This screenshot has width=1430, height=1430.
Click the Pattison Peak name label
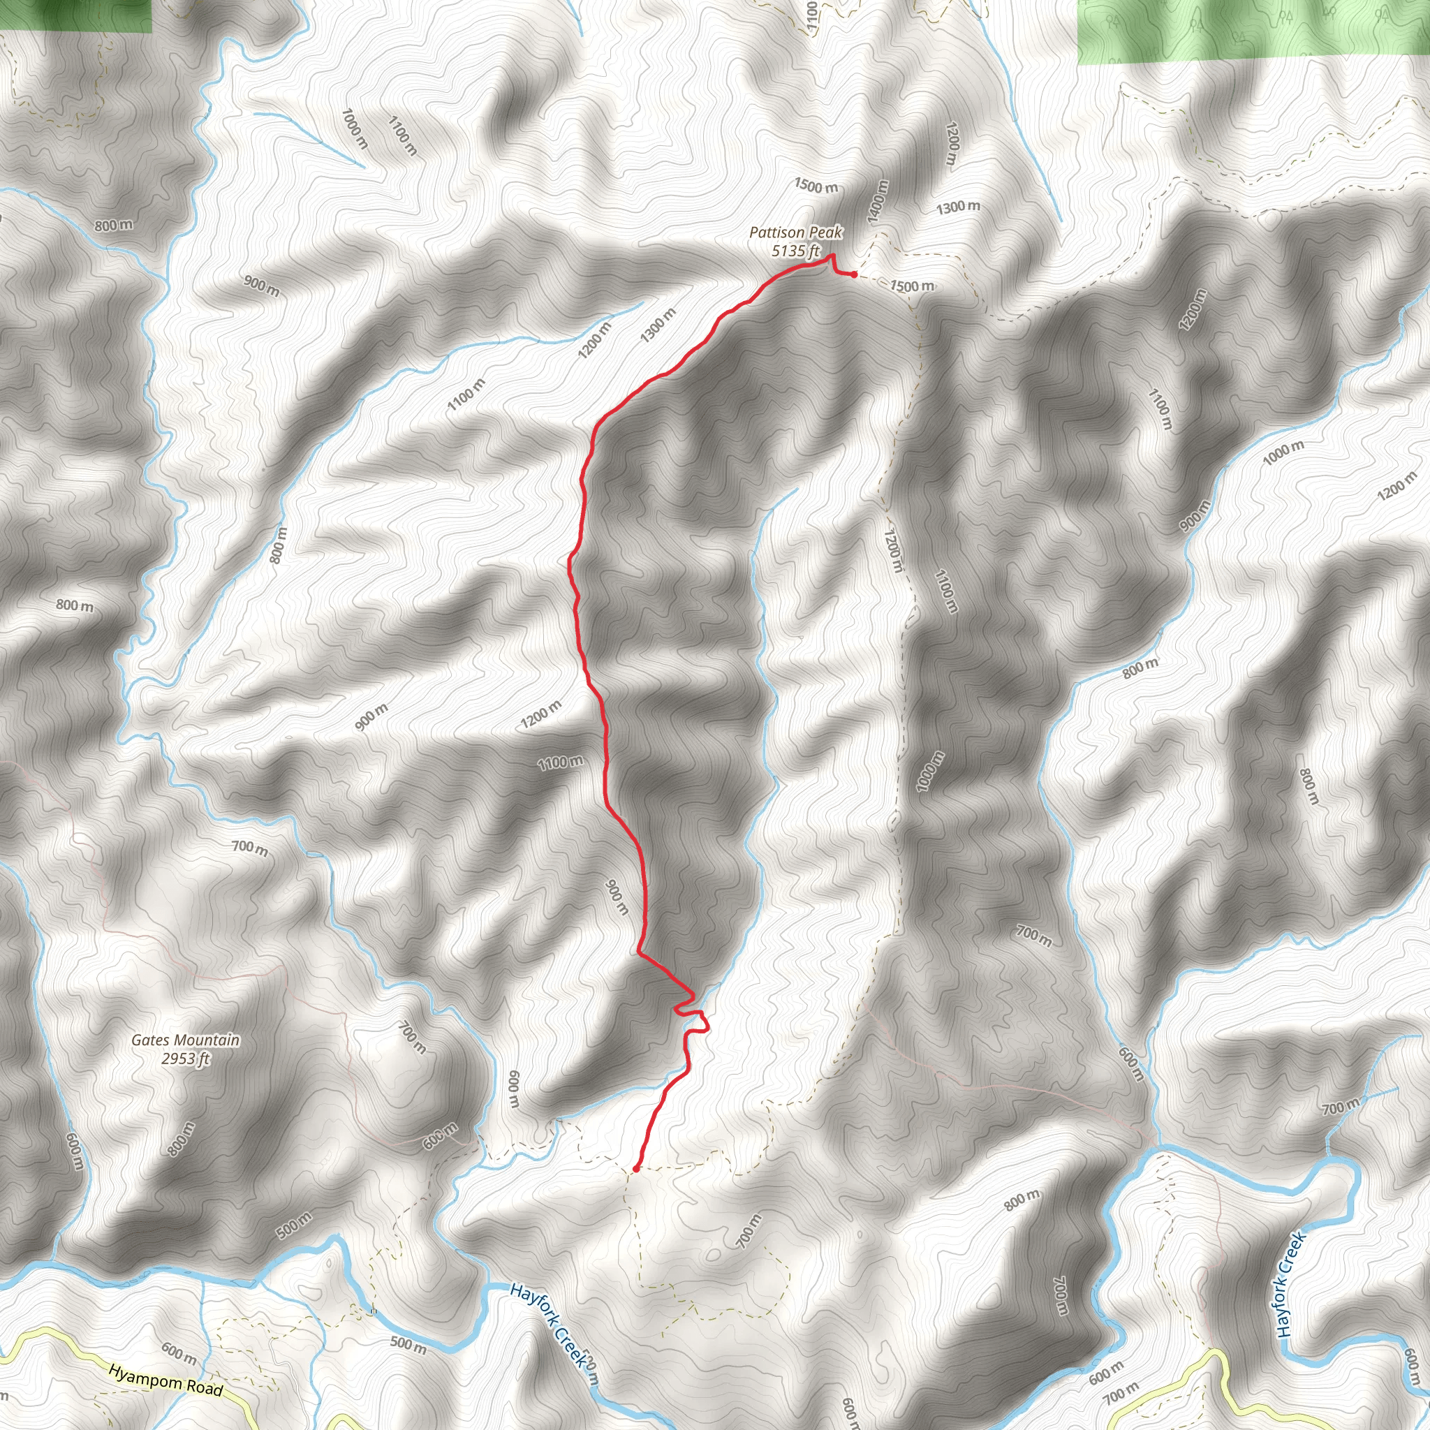pyautogui.click(x=796, y=233)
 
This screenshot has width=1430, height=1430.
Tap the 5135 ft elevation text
pyautogui.click(x=796, y=251)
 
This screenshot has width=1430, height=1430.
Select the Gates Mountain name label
pyautogui.click(x=186, y=1040)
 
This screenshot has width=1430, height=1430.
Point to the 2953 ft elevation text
pyautogui.click(x=186, y=1059)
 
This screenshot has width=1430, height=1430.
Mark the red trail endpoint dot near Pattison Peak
pyautogui.click(x=853, y=274)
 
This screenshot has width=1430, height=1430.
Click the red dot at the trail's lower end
pyautogui.click(x=636, y=1169)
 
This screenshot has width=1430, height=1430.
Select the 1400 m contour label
pyautogui.click(x=878, y=201)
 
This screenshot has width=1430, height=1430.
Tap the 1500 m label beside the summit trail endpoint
pyautogui.click(x=912, y=286)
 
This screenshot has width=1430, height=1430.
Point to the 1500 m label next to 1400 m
pyautogui.click(x=816, y=186)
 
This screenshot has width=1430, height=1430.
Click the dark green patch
pyautogui.click(x=75, y=15)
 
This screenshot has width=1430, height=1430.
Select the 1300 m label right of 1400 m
pyautogui.click(x=958, y=208)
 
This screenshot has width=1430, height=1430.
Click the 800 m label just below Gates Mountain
pyautogui.click(x=182, y=1138)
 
